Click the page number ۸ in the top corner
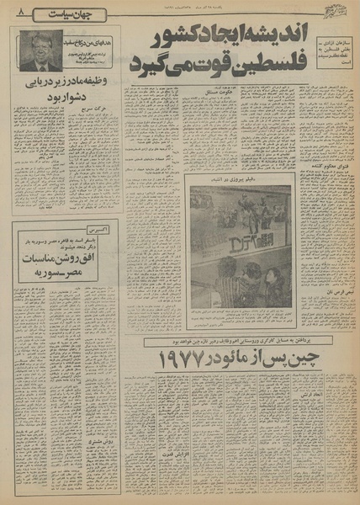pos(19,13)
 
